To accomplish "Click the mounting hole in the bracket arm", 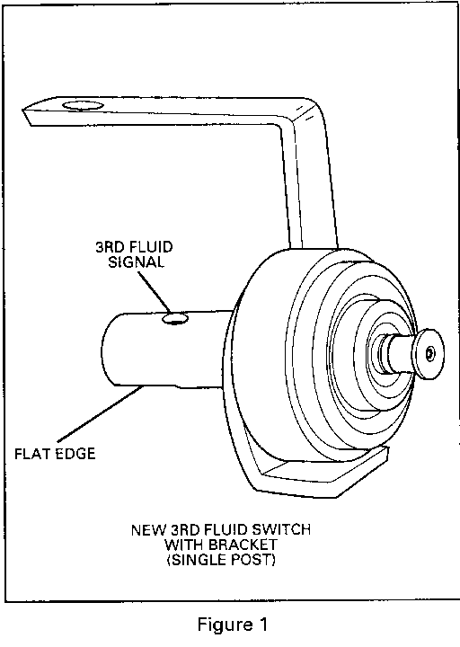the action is click(83, 106).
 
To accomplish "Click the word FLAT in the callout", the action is click(31, 454).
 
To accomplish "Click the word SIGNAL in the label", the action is click(137, 262).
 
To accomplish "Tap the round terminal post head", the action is click(429, 354).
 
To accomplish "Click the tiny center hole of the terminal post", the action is click(430, 353).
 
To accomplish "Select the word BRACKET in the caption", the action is click(243, 545).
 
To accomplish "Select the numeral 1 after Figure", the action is click(262, 624).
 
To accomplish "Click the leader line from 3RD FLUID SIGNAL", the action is click(155, 292).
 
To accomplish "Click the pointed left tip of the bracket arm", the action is click(23, 110).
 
